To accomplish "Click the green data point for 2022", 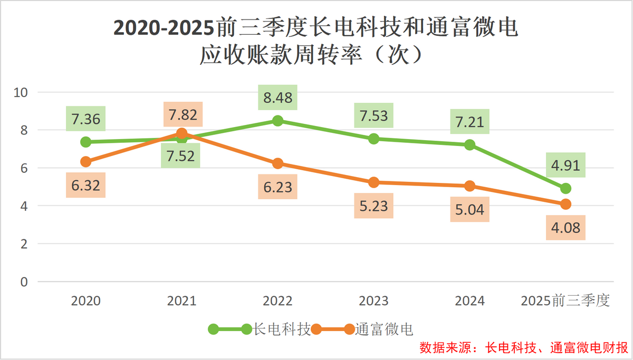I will [x=278, y=121].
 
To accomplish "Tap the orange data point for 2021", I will [x=182, y=133].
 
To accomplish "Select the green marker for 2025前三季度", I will [x=565, y=188].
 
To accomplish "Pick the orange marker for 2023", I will [x=374, y=182].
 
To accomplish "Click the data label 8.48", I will [x=278, y=98].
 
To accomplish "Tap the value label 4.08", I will [x=565, y=227].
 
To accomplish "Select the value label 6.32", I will [x=86, y=184].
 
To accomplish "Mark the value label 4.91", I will [x=565, y=166].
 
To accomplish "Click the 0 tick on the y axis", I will [x=24, y=282].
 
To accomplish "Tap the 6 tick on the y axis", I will [x=24, y=168].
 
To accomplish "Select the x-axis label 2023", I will [x=374, y=301].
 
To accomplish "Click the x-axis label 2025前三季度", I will [x=565, y=301].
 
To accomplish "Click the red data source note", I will [x=523, y=348].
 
